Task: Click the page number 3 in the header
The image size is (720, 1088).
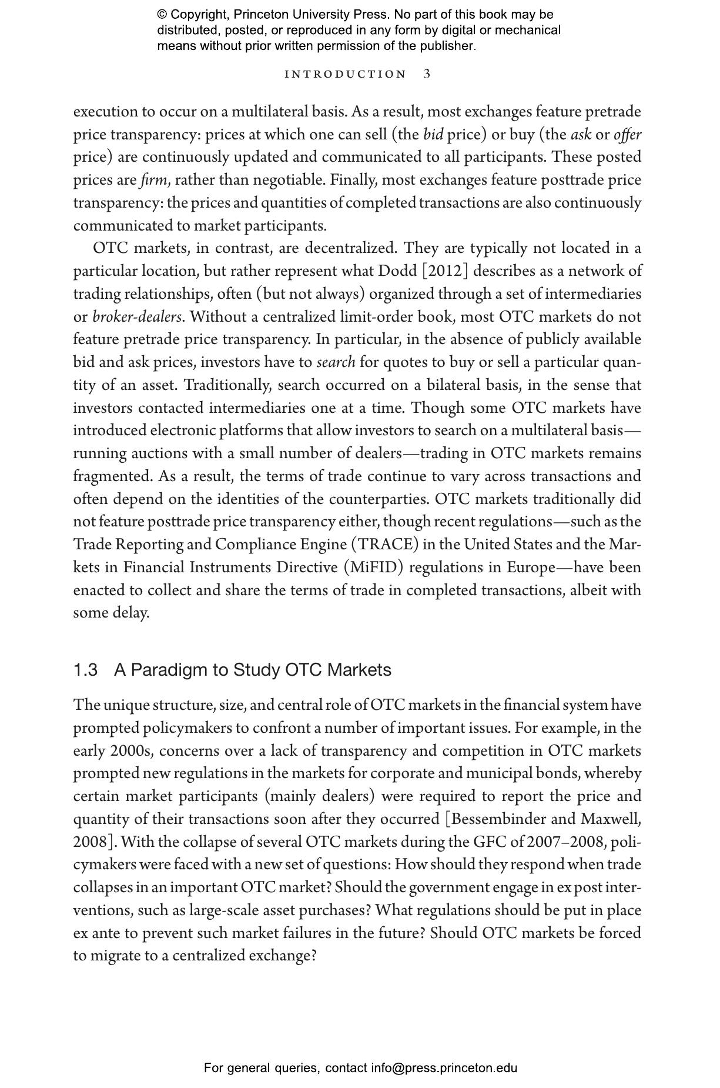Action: pos(427,74)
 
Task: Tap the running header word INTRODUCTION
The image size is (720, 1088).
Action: pos(346,75)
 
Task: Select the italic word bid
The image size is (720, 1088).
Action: pos(433,135)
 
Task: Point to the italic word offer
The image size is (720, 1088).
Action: pos(627,135)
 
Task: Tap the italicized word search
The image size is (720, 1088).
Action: pos(336,362)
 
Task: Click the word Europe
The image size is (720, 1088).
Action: pos(531,568)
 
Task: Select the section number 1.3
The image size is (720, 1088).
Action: pos(85,670)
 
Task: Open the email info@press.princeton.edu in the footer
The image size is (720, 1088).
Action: pos(444,1068)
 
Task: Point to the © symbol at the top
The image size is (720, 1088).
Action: pos(162,15)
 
